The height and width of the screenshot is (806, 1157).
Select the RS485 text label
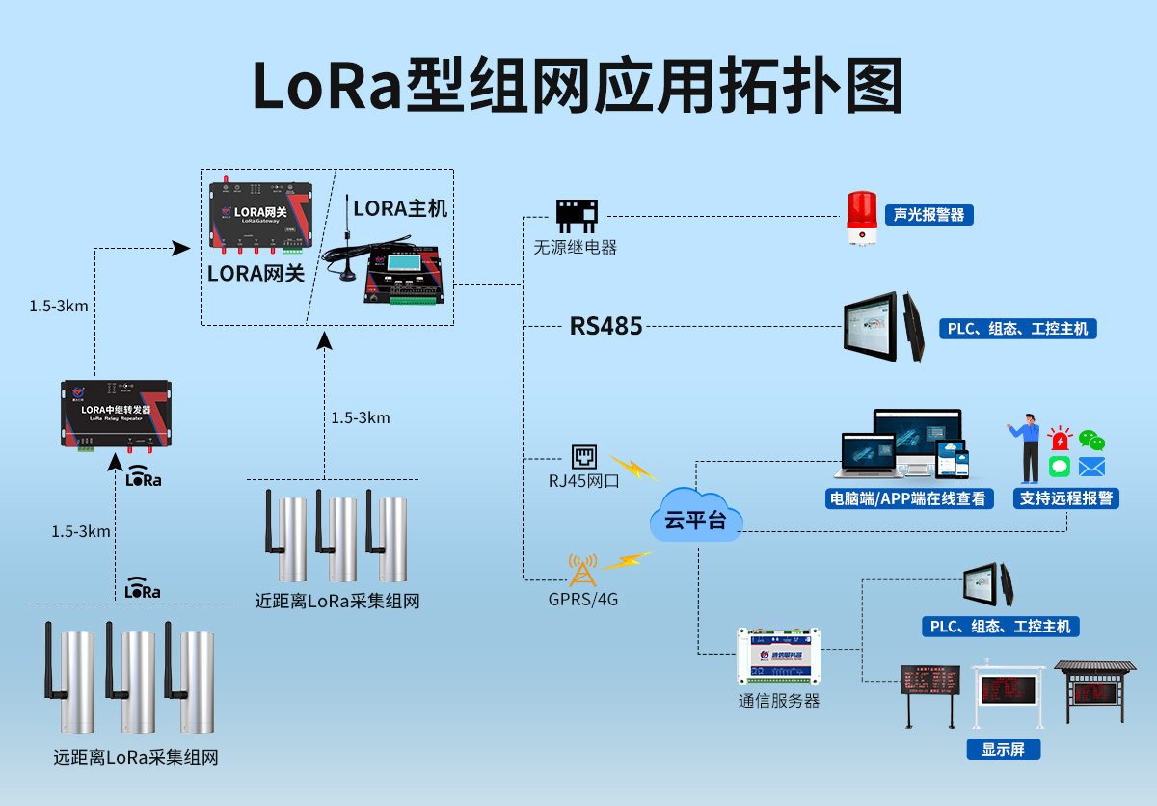coord(605,326)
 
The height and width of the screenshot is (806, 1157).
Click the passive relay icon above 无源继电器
coord(577,215)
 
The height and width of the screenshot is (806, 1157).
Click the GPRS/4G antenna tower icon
coord(582,570)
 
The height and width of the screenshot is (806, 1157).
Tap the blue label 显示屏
coord(1004,749)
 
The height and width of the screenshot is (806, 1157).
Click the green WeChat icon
coord(1091,441)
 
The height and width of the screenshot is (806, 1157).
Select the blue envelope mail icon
coord(1091,468)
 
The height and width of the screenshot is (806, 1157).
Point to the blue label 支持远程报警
coord(1066,498)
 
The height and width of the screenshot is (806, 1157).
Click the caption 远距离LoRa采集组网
coord(136,757)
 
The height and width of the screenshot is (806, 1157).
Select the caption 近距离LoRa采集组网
coord(336,601)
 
